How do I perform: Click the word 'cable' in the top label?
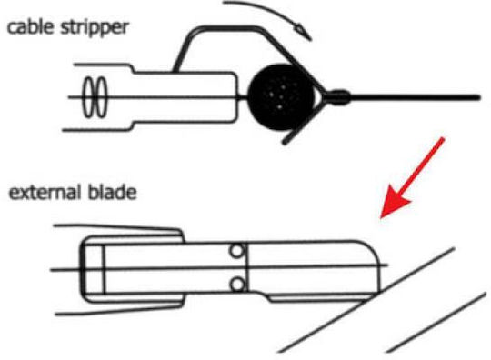30,27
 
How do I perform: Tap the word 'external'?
44,192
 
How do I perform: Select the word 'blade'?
112,192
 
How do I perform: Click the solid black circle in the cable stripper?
281,97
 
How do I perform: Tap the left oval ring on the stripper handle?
89,97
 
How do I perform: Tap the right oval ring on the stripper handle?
102,97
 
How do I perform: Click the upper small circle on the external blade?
236,251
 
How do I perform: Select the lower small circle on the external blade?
237,285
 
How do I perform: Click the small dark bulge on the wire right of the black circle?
339,97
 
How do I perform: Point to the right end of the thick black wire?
478,98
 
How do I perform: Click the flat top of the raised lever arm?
226,29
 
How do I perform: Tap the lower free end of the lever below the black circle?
285,143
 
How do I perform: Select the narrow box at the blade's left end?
93,270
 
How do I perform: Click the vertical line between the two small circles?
246,267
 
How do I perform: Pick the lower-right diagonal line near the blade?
436,323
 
